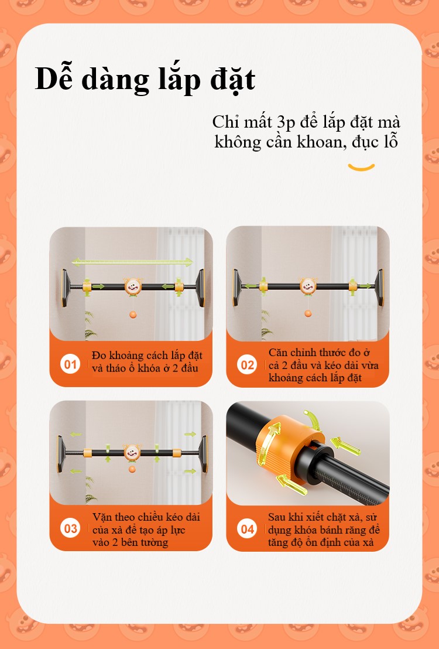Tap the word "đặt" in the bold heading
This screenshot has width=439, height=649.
click(233, 80)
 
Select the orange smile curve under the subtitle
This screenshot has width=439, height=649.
click(361, 168)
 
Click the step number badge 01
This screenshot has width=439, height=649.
click(70, 364)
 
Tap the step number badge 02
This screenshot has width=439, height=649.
click(247, 365)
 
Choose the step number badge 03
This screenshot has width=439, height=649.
click(70, 528)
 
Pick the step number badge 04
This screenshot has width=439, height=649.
click(247, 528)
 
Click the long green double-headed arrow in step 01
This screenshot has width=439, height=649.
click(132, 262)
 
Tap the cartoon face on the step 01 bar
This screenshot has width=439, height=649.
click(133, 286)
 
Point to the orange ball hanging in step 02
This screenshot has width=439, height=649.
click(308, 313)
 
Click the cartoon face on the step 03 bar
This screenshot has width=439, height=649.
click(132, 452)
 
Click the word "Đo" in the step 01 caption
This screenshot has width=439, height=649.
click(99, 355)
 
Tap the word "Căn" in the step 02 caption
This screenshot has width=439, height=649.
click(277, 352)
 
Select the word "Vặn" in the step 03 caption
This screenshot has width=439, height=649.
click(102, 517)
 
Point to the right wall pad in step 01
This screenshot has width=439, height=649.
click(201, 288)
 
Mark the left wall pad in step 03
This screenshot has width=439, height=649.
click(61, 453)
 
